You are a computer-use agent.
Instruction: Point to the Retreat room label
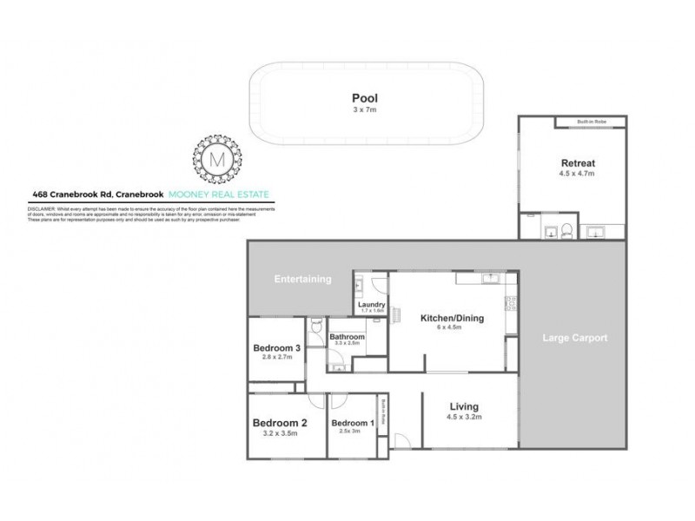577,163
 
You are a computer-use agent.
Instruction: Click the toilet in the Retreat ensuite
566,230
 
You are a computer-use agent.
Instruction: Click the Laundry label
371,304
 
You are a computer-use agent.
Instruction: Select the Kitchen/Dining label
452,318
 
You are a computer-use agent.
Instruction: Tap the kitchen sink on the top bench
489,279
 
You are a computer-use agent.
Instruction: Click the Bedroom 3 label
276,348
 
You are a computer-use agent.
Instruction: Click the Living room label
464,406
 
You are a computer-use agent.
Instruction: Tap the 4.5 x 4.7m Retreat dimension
577,174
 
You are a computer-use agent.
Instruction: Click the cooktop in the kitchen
512,303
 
